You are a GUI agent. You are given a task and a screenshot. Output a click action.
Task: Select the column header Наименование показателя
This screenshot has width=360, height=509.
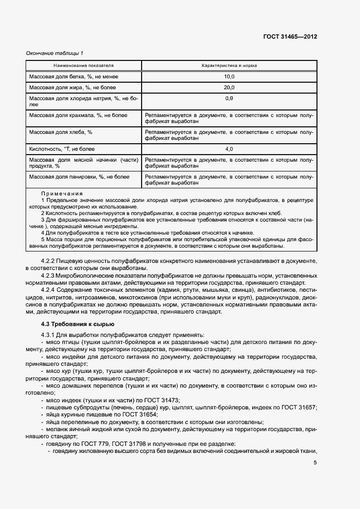pyautogui.click(x=83, y=65)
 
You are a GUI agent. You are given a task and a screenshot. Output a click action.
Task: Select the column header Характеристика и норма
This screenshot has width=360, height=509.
pyautogui.click(x=229, y=65)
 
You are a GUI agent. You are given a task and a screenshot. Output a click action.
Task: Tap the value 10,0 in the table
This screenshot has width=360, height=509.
pyautogui.click(x=229, y=77)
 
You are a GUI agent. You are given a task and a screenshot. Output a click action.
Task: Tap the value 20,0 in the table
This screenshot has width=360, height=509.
pyautogui.click(x=229, y=87)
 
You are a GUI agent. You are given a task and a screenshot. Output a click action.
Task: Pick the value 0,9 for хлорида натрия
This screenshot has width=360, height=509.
pyautogui.click(x=229, y=98)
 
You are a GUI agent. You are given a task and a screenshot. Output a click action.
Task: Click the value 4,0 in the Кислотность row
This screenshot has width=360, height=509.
pyautogui.click(x=229, y=149)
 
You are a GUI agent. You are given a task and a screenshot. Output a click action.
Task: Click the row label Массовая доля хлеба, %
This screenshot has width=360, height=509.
pyautogui.click(x=61, y=132)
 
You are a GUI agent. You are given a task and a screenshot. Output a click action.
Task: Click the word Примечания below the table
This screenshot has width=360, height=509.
pyautogui.click(x=62, y=194)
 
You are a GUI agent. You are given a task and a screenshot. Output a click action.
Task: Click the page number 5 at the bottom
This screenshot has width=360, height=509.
pyautogui.click(x=315, y=463)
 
